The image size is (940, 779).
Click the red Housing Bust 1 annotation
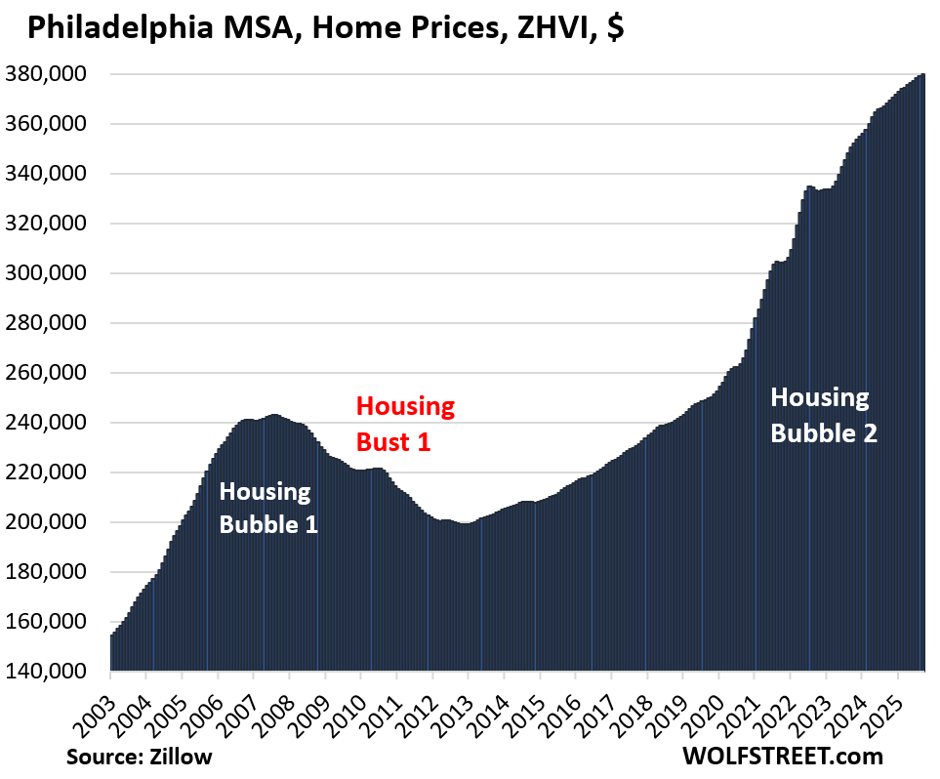pos(405,423)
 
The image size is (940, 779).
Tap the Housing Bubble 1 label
pos(268,507)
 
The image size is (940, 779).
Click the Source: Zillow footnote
pos(139,756)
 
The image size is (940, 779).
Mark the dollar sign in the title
pos(615,29)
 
